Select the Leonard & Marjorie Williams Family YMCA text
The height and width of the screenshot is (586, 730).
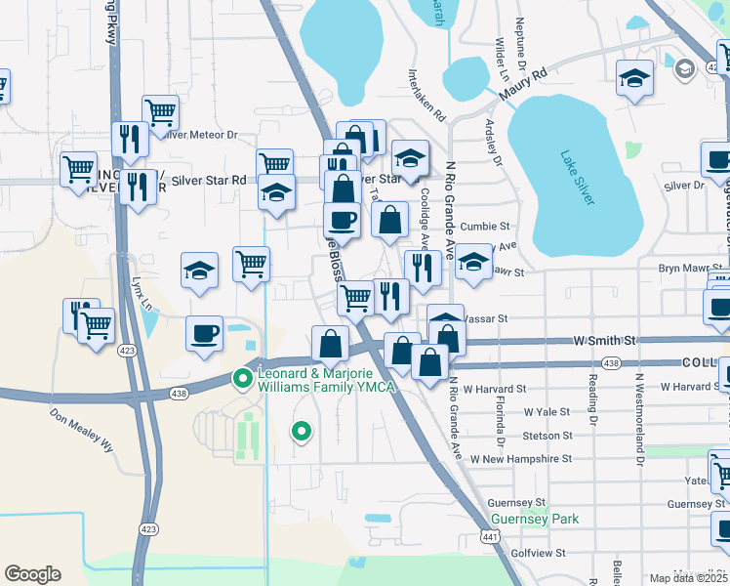pos(325,381)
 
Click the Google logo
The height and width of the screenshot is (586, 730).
pos(32,574)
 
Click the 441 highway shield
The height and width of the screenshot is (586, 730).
pos(490,536)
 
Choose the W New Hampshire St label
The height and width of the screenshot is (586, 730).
pos(520,458)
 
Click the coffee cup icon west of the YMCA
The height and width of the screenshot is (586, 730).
pos(205,333)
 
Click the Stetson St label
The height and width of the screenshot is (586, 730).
pos(547,435)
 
